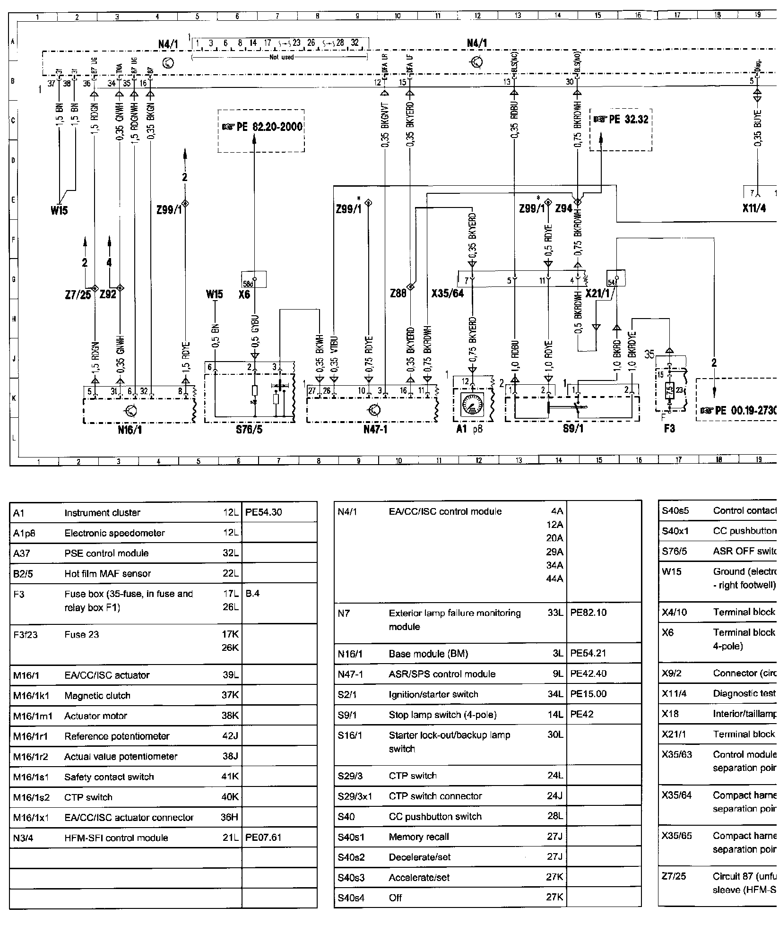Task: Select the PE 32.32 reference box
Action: point(621,120)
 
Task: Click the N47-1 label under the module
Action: point(375,429)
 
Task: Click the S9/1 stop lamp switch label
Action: point(572,429)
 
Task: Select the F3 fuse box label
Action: point(669,429)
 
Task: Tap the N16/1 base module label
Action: point(130,429)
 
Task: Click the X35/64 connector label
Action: point(447,294)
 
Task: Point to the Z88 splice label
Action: point(398,294)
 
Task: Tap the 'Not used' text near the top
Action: point(281,57)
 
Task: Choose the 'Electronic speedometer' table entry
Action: point(114,533)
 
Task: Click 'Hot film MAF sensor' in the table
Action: point(107,573)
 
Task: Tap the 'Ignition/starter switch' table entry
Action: point(433,694)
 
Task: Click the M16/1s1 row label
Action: point(31,777)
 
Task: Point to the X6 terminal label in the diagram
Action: point(244,294)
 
